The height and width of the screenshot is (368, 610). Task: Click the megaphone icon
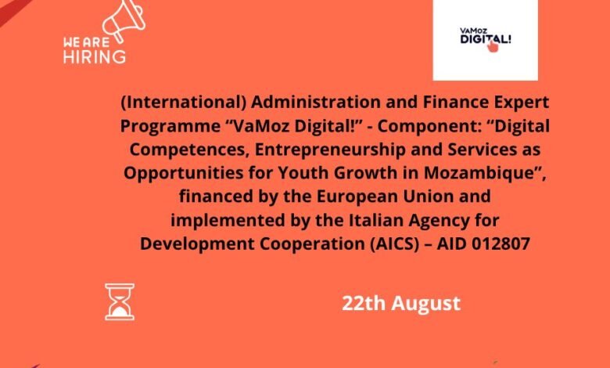click(x=124, y=20)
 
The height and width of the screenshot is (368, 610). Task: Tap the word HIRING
click(x=95, y=57)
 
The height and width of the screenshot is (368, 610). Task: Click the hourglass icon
click(x=120, y=301)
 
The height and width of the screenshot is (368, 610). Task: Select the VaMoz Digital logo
click(x=486, y=40)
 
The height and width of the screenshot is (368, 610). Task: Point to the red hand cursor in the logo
click(x=493, y=46)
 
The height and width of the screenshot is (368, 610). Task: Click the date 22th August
click(x=401, y=303)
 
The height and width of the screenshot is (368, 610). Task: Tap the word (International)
click(x=183, y=103)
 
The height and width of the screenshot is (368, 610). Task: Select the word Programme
click(x=170, y=127)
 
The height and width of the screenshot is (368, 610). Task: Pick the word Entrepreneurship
click(x=330, y=150)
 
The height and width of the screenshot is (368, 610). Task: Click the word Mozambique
click(x=480, y=173)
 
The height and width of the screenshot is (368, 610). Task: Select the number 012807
click(x=501, y=244)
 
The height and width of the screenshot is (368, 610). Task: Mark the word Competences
click(x=189, y=150)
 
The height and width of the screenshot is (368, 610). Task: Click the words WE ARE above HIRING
click(x=86, y=42)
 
